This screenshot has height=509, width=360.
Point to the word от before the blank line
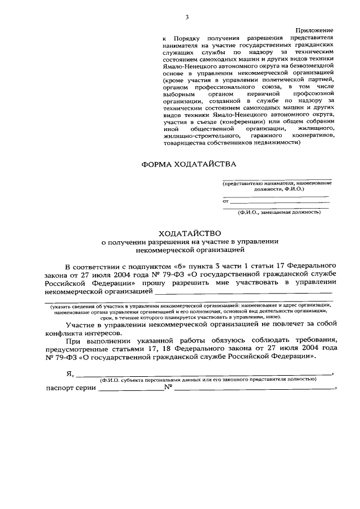coord(226,200)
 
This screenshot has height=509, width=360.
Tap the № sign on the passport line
coord(168,388)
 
